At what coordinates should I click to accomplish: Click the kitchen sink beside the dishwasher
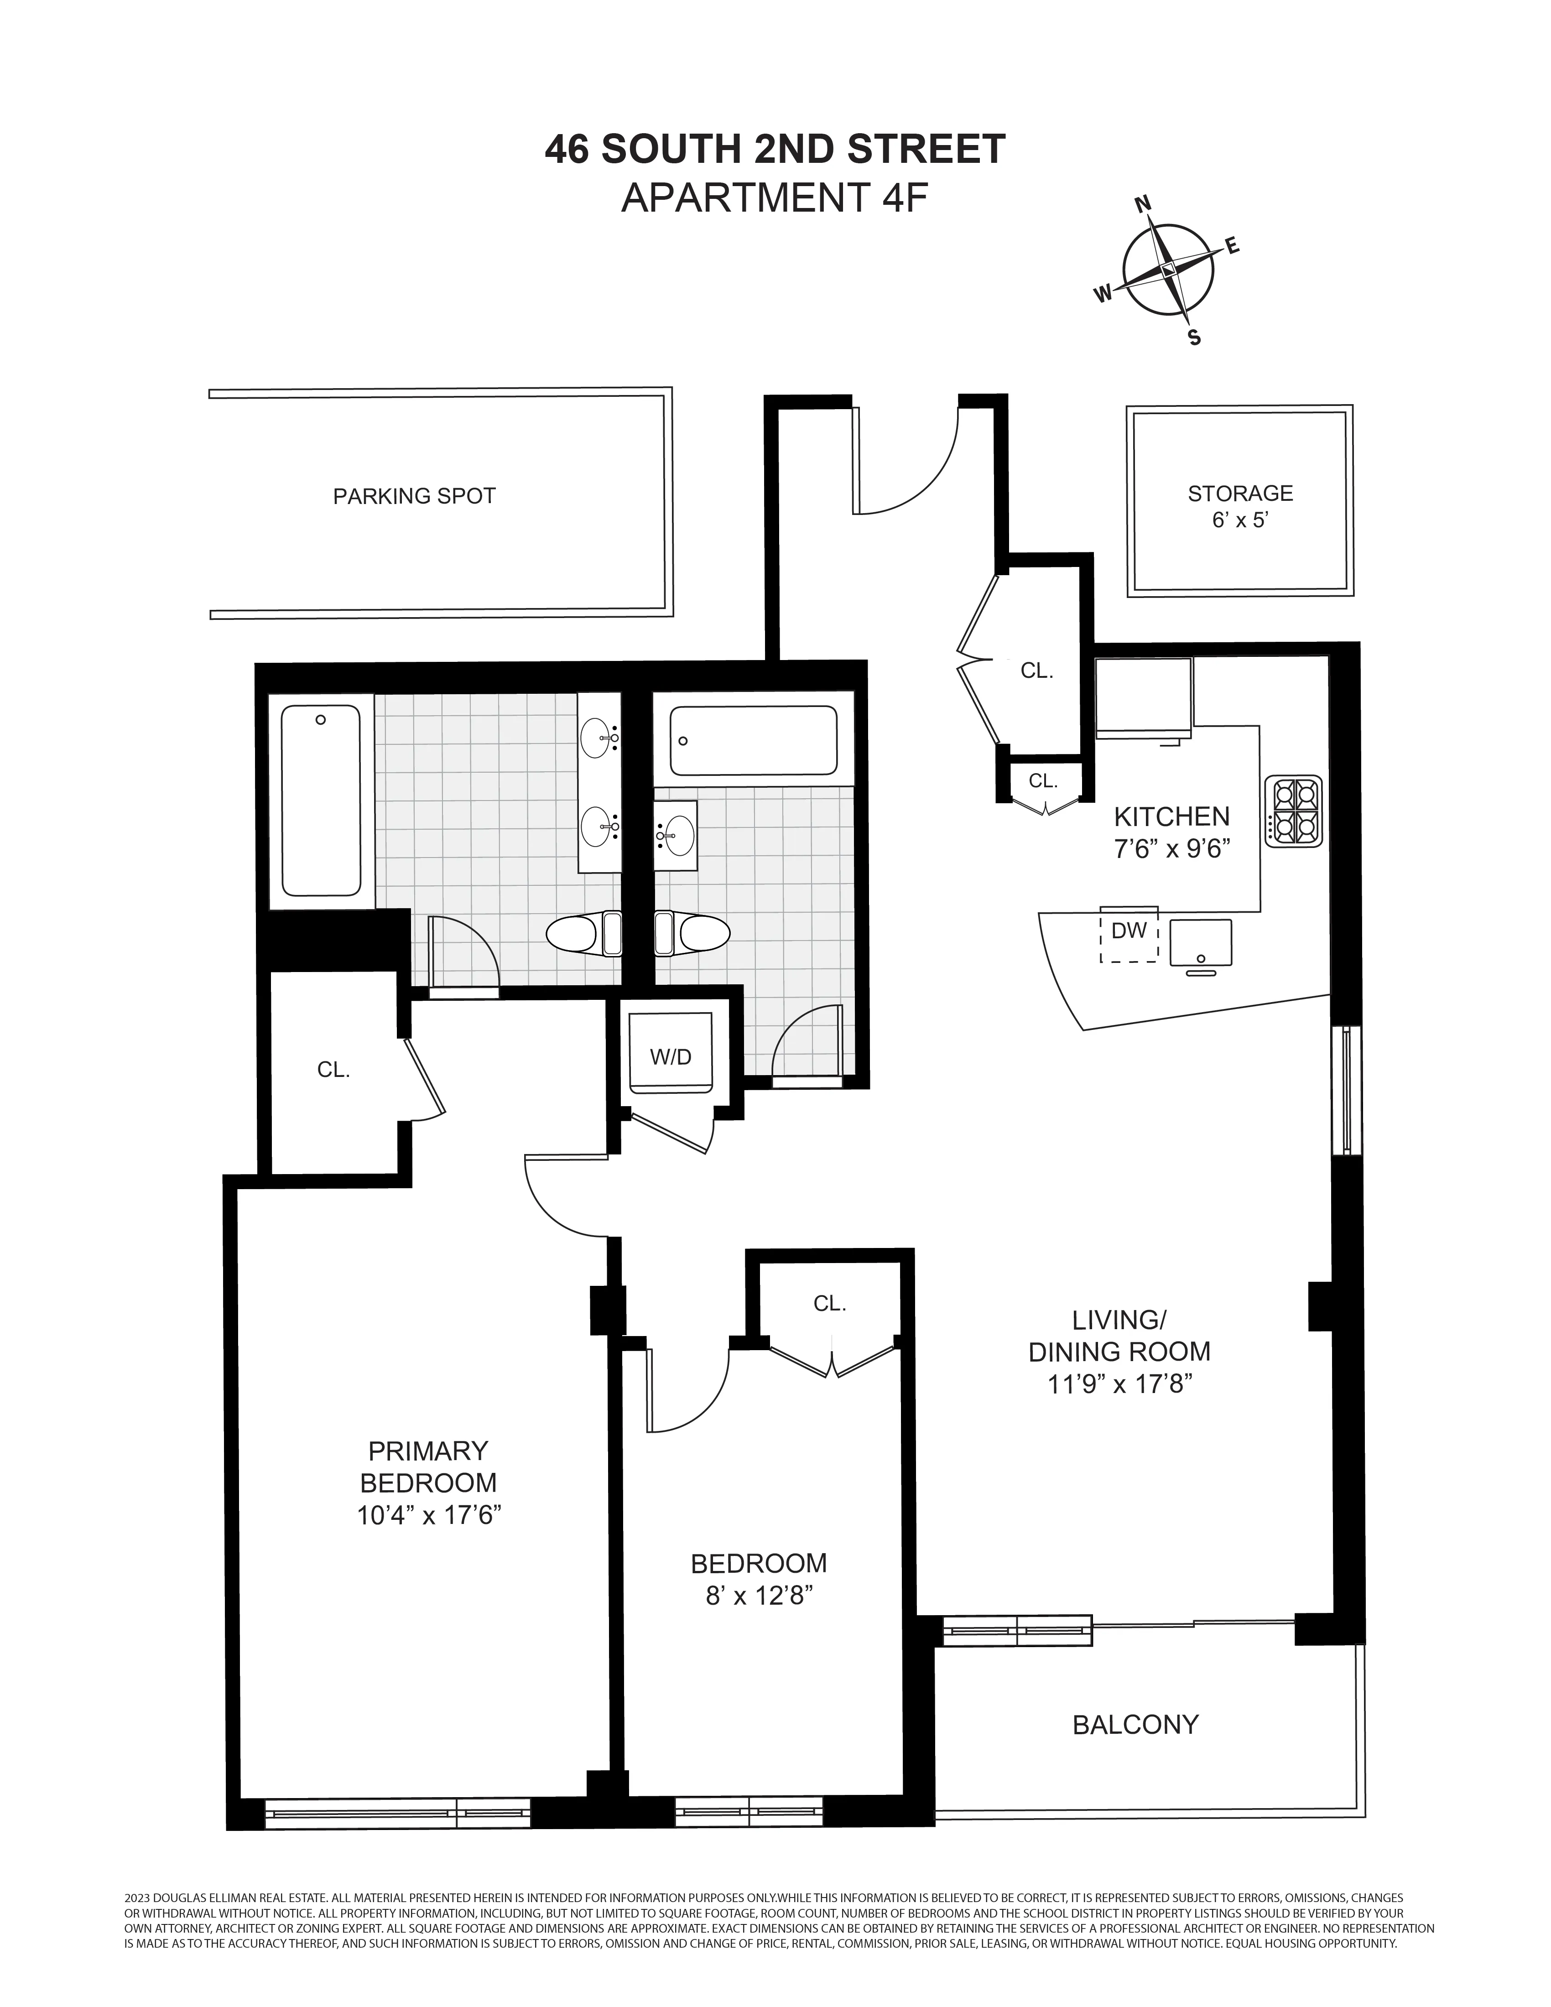(1200, 942)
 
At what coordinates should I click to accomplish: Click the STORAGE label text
(1239, 494)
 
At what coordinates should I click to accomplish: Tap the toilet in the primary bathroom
(583, 935)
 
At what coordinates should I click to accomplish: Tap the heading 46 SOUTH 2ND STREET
(775, 149)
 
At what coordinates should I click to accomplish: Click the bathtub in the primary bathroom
(321, 800)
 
